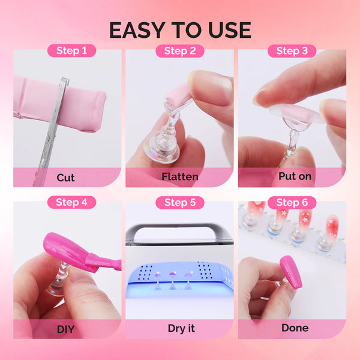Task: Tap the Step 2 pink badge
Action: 179,50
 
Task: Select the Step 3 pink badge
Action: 292,50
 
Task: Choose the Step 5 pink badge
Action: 179,202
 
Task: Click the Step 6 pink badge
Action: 292,202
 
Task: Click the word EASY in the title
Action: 140,29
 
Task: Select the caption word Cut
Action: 66,177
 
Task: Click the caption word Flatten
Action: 179,177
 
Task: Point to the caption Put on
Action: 292,177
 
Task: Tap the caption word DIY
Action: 66,328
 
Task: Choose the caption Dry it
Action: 179,328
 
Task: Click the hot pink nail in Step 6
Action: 290,271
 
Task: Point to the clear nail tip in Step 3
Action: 288,114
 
